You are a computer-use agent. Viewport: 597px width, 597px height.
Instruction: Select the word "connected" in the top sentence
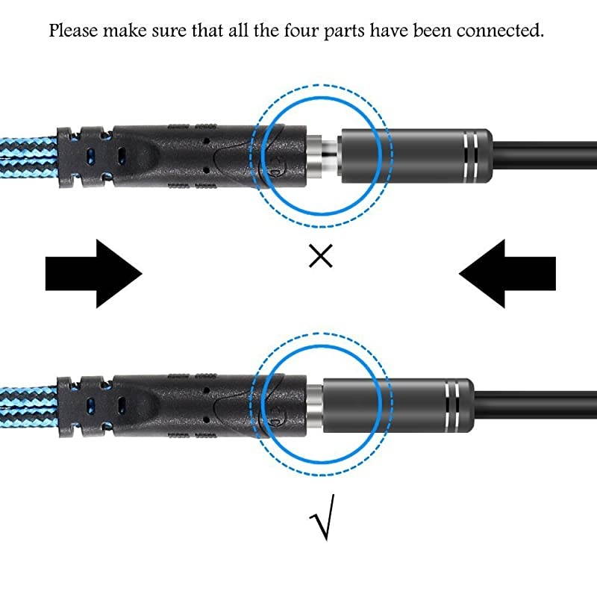pos(503,31)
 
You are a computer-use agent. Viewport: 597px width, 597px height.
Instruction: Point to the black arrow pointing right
pos(93,273)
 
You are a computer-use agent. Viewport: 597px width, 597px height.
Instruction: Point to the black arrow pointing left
pos(507,273)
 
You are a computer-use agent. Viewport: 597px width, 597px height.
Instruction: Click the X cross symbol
pos(320,257)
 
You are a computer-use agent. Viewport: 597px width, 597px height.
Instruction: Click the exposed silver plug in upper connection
pos(325,154)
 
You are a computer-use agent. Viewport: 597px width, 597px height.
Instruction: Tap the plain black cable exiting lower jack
pos(537,399)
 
